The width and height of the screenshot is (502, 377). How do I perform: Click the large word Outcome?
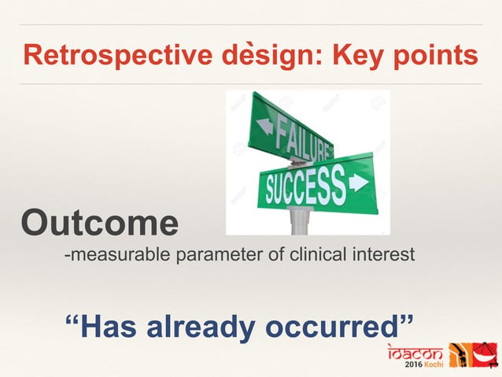(x=100, y=224)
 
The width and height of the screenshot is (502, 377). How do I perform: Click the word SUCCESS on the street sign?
(x=305, y=188)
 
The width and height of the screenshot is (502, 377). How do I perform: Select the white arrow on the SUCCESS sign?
(x=358, y=183)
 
